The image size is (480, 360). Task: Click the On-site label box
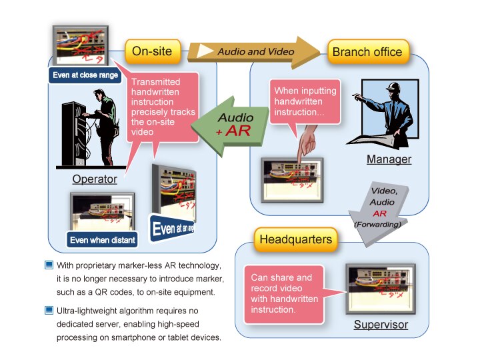tap(152, 51)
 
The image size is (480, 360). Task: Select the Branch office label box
tap(367, 51)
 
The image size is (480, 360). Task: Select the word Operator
tap(95, 179)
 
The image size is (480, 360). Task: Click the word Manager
tap(389, 159)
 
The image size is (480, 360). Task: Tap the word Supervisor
tap(381, 325)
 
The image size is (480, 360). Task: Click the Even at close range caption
tap(86, 75)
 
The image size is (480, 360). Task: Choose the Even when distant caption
tap(102, 239)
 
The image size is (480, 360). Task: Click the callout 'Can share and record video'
tap(281, 293)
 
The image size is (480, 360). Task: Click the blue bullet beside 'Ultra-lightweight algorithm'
tap(49, 311)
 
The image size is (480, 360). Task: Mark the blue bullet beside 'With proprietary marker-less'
tap(49, 265)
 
